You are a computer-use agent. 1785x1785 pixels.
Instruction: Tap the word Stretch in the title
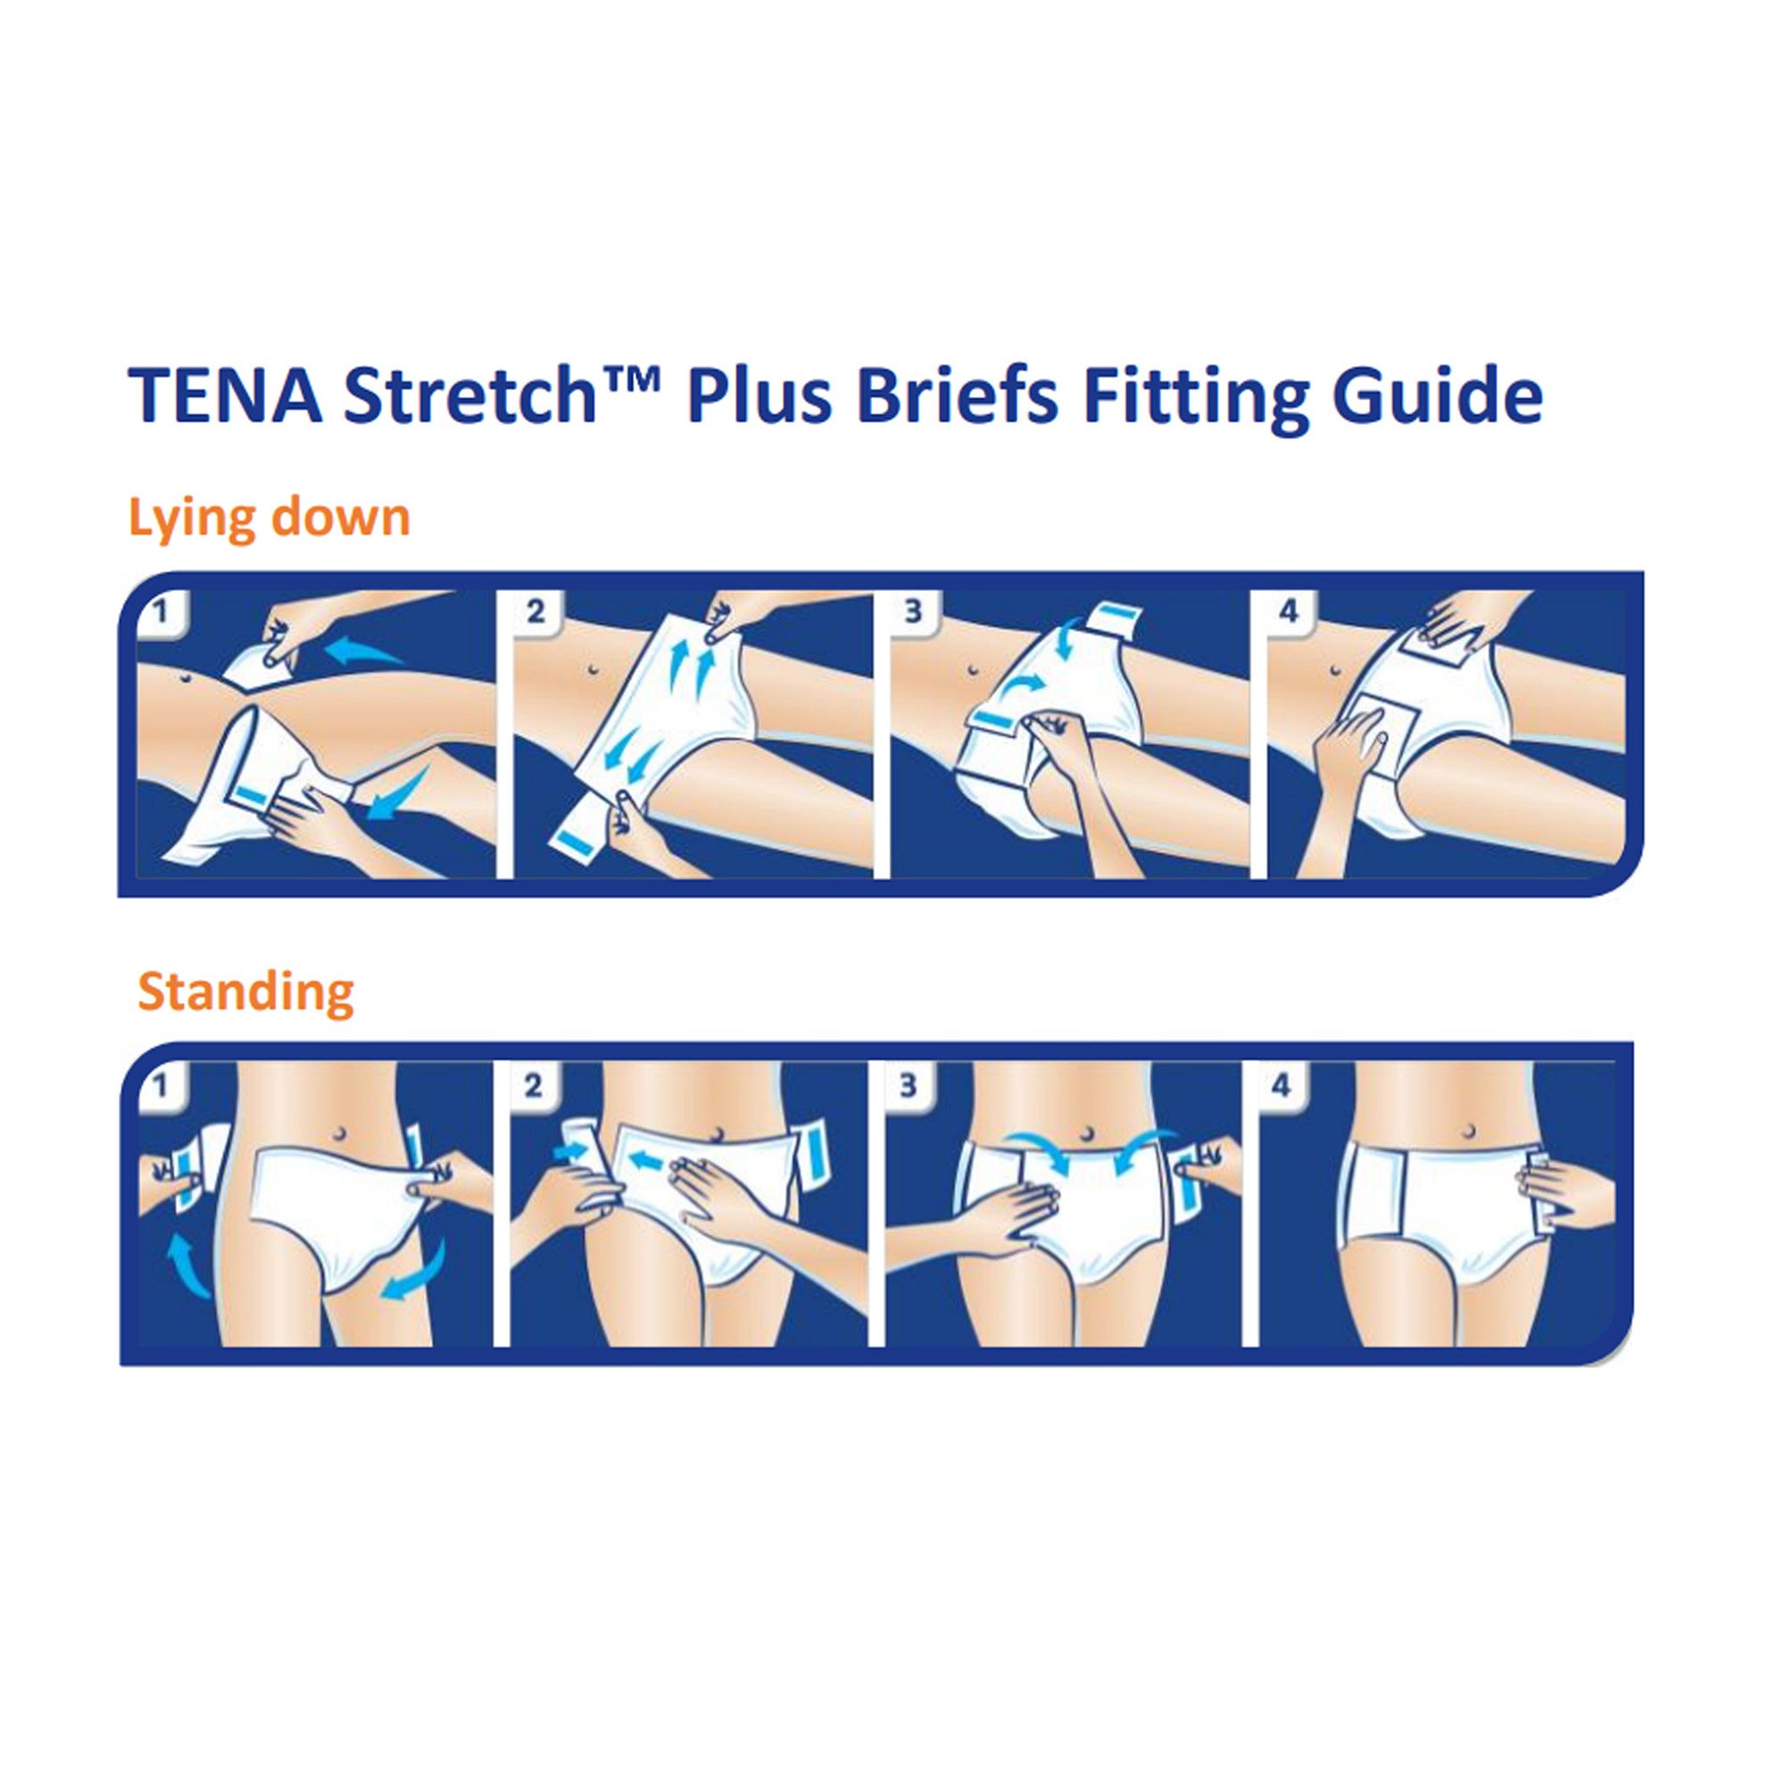471,394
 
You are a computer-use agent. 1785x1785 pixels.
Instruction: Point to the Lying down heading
269,517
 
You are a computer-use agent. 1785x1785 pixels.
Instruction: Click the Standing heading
245,992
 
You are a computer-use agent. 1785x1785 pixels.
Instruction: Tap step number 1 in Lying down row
160,610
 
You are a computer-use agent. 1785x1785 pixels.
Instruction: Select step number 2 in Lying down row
535,610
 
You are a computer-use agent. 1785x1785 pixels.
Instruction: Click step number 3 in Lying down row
912,610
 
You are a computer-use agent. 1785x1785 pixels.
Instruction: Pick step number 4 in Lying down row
1289,610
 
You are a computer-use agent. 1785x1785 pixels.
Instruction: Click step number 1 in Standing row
160,1085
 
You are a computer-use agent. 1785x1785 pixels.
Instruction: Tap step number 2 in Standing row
533,1085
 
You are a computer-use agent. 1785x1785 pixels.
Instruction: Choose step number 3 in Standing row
909,1085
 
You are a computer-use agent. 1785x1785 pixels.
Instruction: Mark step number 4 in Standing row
1282,1085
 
